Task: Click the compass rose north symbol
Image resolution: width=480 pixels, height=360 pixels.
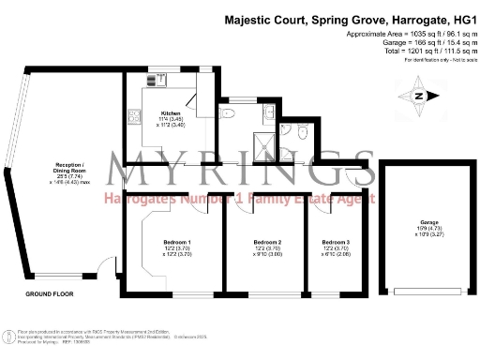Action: (x=418, y=95)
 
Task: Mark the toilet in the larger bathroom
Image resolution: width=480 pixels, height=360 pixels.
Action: (x=226, y=112)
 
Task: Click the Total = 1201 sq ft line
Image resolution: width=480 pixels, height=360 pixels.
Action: (x=406, y=51)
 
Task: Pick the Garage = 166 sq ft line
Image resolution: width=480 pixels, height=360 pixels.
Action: (x=406, y=42)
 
